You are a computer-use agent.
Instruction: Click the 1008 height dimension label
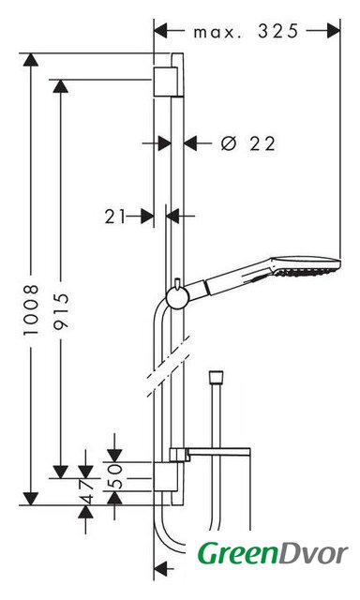point(31,310)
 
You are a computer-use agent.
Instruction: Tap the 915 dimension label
point(61,310)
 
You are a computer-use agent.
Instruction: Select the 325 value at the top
point(277,31)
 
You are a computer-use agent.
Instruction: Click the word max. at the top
point(217,33)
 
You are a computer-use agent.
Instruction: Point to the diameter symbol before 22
point(229,143)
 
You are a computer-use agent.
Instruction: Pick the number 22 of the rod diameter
point(262,143)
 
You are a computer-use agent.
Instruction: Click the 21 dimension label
point(114,217)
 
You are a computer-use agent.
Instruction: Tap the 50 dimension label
point(114,476)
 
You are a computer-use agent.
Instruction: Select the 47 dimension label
point(85,491)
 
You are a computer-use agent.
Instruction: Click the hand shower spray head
point(306,266)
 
